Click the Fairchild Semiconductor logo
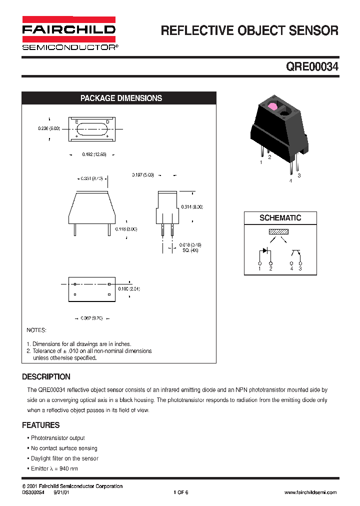tap(69, 33)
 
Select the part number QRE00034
tap(312, 67)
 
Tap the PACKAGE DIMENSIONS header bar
tap(121, 98)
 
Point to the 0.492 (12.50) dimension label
tap(94, 155)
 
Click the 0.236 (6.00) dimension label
tap(49, 128)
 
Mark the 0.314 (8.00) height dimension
tap(192, 206)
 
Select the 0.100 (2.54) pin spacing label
tap(129, 289)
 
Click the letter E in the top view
tap(76, 122)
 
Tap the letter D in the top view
tap(107, 122)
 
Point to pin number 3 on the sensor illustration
tap(299, 175)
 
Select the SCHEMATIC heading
tap(280, 218)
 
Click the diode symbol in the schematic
tap(266, 250)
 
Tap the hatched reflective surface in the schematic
tap(278, 232)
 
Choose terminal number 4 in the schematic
tap(291, 269)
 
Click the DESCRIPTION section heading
tap(46, 377)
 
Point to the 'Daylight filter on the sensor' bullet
tap(64, 458)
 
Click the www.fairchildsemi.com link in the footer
tap(310, 492)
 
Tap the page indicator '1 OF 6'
tap(180, 492)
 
